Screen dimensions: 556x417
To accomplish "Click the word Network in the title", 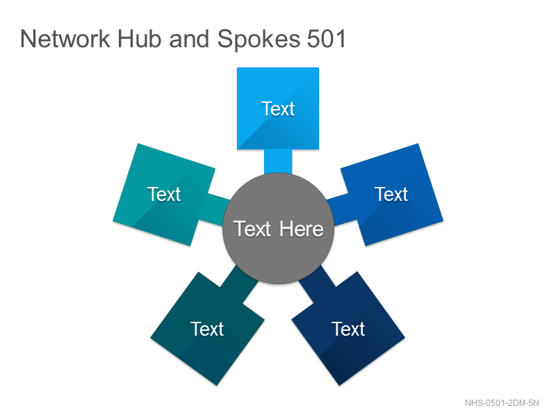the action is tap(65, 38).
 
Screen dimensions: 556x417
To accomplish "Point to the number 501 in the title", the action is tap(326, 38).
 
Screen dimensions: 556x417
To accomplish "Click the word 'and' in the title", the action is tap(189, 38).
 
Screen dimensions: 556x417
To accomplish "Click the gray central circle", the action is tap(278, 229).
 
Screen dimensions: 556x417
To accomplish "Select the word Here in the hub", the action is tap(302, 229).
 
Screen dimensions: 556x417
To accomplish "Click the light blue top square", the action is tap(278, 108).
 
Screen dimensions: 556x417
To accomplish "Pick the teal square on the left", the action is tap(164, 195).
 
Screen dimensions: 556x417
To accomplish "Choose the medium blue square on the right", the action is tap(392, 195).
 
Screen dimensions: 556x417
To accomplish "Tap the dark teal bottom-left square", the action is tap(207, 328).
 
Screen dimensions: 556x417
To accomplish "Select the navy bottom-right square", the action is tap(348, 328).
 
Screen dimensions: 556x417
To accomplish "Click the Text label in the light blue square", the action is tap(278, 108).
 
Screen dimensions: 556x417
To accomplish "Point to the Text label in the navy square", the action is tap(348, 329).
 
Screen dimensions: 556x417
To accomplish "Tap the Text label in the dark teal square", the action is tap(207, 329).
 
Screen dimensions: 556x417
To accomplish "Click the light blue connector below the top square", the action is tap(278, 162).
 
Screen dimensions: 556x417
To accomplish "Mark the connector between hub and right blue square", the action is tap(341, 209).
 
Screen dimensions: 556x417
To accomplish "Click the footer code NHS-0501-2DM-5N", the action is tap(502, 403).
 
